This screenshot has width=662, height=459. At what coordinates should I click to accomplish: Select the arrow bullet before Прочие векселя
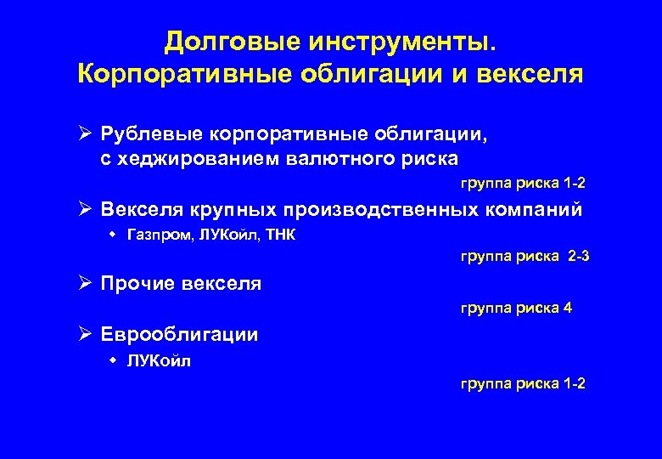[x=85, y=284]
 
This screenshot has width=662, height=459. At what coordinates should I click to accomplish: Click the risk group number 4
[x=567, y=308]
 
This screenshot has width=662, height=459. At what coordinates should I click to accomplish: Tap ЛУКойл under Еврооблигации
[x=159, y=361]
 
